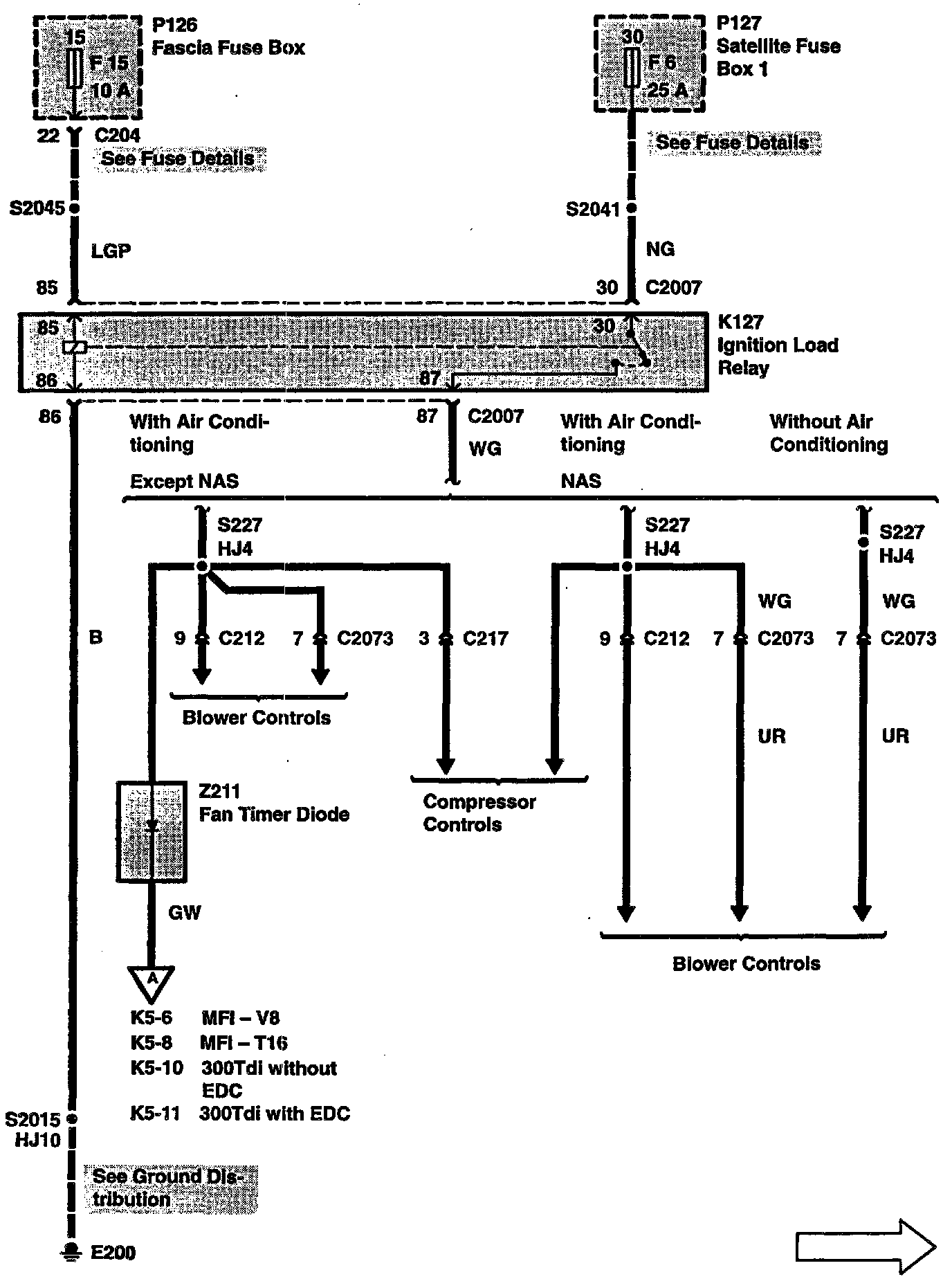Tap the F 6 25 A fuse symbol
point(631,67)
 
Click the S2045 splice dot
point(74,208)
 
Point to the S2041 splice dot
point(631,208)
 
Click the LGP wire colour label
point(111,251)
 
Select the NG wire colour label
point(660,249)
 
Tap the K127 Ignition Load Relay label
point(777,345)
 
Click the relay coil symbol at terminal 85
point(74,347)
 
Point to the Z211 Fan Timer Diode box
point(152,831)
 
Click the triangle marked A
point(152,980)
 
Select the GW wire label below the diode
point(185,913)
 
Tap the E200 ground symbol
point(71,1251)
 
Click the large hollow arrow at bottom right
point(866,1248)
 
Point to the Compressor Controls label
point(479,813)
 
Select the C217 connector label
point(485,638)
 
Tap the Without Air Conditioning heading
point(827,433)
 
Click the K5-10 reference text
point(156,1068)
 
